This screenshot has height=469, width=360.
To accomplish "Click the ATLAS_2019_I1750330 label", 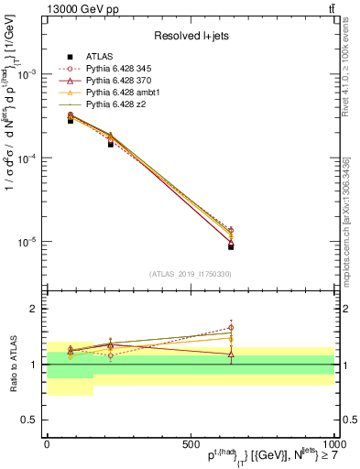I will click(x=191, y=274).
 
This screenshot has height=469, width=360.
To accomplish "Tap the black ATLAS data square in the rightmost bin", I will click(x=231, y=246).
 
